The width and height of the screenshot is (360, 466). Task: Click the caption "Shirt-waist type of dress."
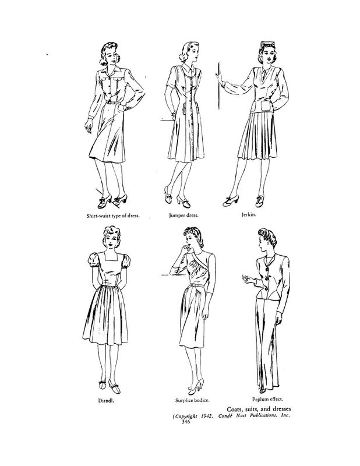click(x=113, y=216)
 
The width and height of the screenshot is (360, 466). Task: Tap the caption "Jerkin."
click(x=249, y=214)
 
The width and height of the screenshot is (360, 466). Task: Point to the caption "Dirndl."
click(x=107, y=400)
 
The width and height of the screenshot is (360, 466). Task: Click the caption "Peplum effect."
click(x=267, y=399)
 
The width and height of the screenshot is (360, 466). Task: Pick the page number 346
click(x=185, y=422)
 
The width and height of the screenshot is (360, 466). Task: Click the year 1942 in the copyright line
click(x=206, y=416)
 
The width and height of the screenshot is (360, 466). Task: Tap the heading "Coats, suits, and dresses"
click(x=259, y=409)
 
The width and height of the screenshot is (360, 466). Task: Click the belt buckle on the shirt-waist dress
click(x=110, y=102)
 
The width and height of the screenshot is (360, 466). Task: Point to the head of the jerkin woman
click(x=266, y=53)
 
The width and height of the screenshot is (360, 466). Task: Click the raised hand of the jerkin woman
click(x=220, y=79)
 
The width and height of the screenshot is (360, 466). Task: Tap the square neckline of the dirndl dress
click(x=109, y=259)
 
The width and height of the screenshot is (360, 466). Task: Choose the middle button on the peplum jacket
click(x=266, y=278)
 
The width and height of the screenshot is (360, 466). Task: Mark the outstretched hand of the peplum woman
click(x=246, y=278)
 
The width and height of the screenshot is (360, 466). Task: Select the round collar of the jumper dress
click(x=189, y=69)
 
